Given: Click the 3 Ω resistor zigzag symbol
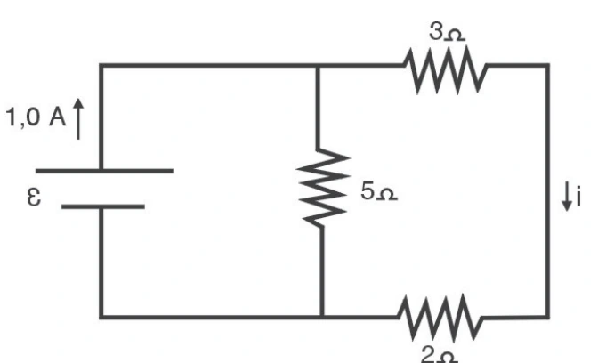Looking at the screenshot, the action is [x=446, y=69].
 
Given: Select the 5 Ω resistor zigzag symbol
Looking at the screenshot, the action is [x=323, y=187].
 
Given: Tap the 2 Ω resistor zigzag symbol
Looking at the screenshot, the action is [x=440, y=318].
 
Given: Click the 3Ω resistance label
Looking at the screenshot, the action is [x=447, y=31].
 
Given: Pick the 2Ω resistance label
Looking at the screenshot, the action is [x=440, y=355].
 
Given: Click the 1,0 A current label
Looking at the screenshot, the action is [x=36, y=117].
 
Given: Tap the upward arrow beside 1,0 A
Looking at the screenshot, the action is [x=78, y=119].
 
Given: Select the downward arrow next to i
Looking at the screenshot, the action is [x=567, y=196].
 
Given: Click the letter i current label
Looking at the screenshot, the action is [x=578, y=196].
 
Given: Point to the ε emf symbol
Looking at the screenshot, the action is [x=34, y=197].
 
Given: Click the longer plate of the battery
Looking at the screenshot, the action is [x=104, y=171].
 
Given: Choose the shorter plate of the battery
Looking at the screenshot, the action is [x=103, y=206].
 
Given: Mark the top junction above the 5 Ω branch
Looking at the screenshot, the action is [x=318, y=66].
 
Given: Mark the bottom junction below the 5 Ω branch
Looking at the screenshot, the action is [x=322, y=317].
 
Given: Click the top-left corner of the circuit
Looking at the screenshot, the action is [x=101, y=66].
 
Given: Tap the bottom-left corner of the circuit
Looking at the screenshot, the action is [x=101, y=317].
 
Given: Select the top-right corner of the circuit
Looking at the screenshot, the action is [x=547, y=66].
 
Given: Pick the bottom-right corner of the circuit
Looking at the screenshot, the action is [x=547, y=317].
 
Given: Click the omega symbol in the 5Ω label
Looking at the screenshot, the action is [x=387, y=194].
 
